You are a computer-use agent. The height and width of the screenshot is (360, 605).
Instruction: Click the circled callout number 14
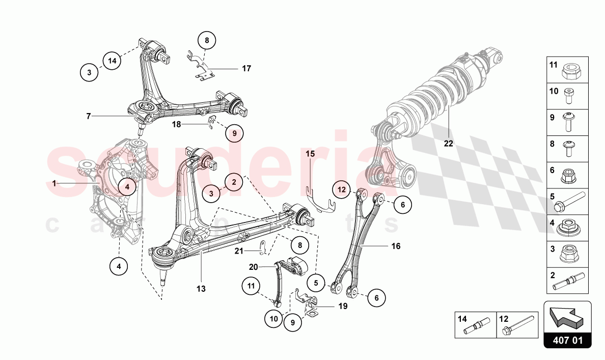pos(112,61)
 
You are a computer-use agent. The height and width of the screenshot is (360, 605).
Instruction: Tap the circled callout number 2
pos(234,182)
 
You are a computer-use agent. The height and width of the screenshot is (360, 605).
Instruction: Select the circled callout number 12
pos(342,189)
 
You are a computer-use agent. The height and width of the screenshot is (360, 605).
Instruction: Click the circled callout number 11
pos(251,286)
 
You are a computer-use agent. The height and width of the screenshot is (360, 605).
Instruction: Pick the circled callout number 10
pos(274,319)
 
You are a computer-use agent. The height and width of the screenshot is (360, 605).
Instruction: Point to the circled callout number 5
pos(316,283)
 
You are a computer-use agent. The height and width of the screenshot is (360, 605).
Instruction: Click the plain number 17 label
pos(246,69)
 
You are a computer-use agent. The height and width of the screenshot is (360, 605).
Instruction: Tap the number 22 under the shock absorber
pos(448,143)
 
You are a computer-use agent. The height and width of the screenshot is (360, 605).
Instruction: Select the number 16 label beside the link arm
pos(396,246)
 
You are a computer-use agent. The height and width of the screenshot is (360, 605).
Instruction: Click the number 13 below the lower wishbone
pos(201,289)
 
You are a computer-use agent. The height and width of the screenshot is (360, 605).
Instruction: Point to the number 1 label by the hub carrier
pos(54,183)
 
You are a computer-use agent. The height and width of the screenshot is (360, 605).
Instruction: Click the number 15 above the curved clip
pos(310,154)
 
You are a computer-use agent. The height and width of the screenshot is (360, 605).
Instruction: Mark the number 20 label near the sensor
pos(253,267)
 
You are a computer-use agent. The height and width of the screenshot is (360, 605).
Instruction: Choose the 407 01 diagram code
pos(567,341)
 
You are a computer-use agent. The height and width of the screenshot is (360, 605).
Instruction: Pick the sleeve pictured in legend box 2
pos(569,282)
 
